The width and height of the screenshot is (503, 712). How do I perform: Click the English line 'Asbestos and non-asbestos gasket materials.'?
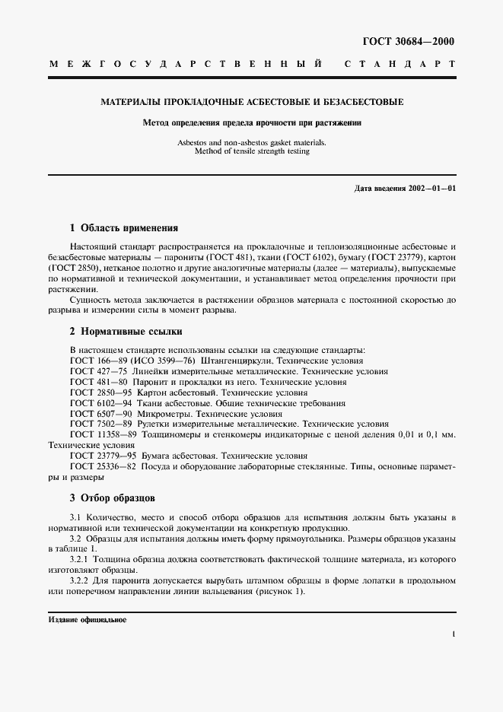(251, 142)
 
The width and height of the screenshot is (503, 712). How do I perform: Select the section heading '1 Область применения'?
(123, 227)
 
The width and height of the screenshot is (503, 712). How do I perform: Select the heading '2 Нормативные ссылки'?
(126, 332)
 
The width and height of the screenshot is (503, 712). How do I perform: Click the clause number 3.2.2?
(81, 581)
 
